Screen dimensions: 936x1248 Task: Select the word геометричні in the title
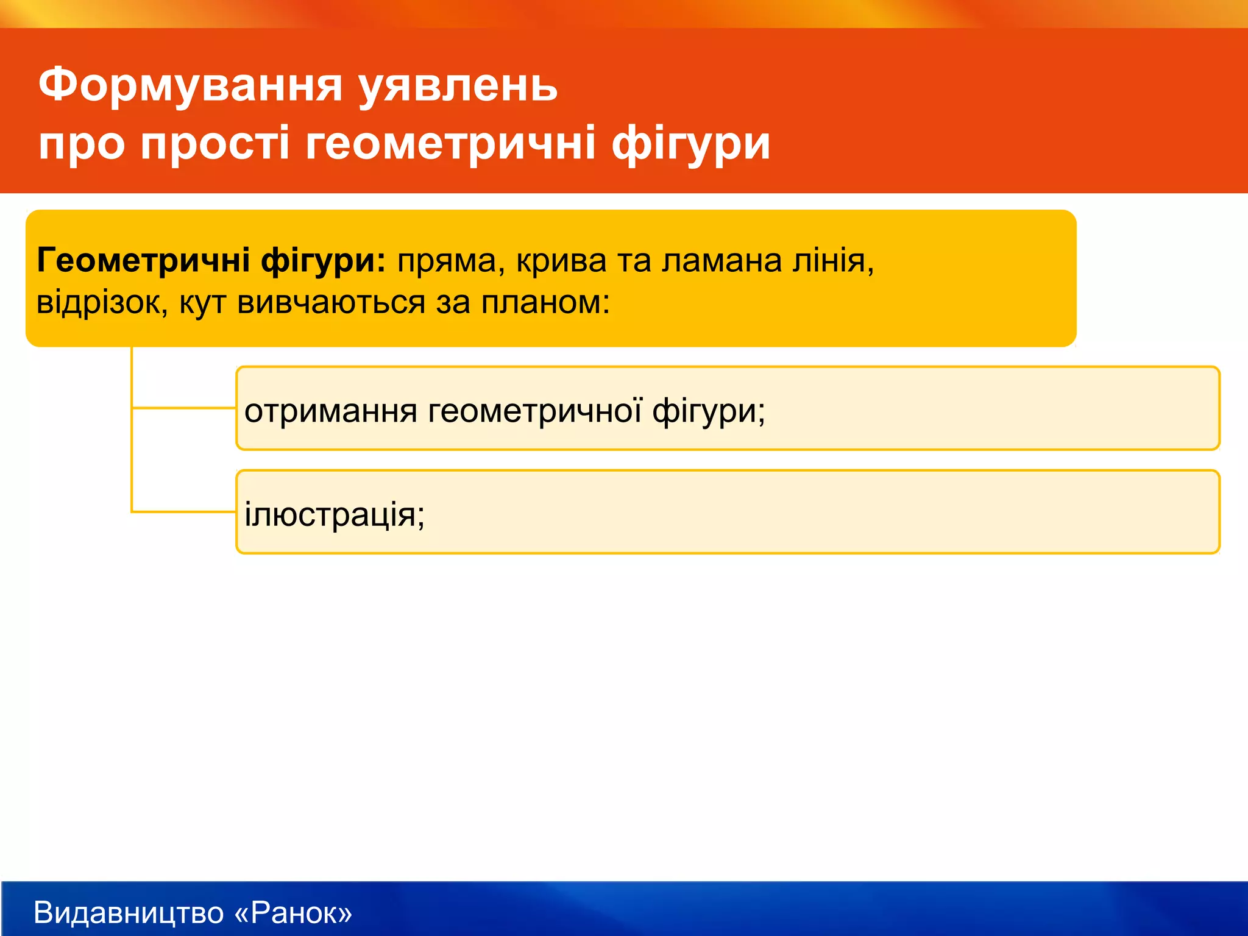[450, 144]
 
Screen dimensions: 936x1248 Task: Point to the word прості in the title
[215, 144]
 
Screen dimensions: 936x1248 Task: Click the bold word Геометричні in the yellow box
[143, 261]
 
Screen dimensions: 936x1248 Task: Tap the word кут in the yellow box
[202, 303]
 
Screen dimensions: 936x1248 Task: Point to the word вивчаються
[331, 303]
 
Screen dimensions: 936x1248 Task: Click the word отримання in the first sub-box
[330, 411]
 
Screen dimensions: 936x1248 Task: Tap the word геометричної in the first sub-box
[534, 411]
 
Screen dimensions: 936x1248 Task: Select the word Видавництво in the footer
[129, 913]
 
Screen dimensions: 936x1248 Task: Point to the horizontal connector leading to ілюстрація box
[183, 512]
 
